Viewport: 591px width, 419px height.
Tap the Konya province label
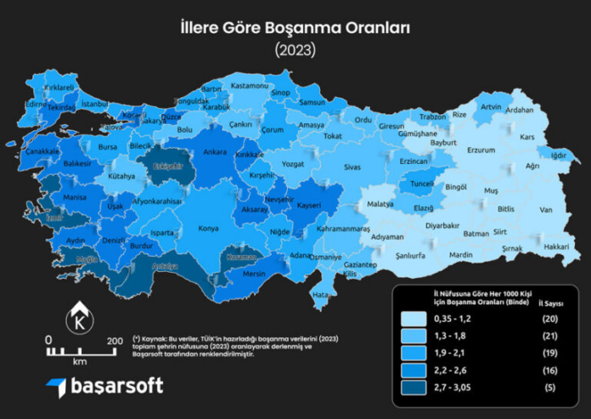pyautogui.click(x=208, y=228)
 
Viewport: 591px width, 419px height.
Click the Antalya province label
pyautogui.click(x=166, y=267)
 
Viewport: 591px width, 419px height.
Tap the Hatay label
pyautogui.click(x=320, y=294)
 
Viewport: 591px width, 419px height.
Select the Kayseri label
pyautogui.click(x=311, y=206)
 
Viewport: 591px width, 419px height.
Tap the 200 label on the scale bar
pyautogui.click(x=115, y=341)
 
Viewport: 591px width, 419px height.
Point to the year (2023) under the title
pyautogui.click(x=295, y=50)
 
